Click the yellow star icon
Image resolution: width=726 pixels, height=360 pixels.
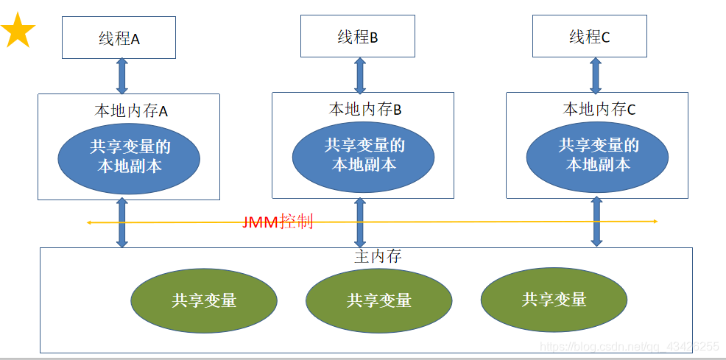pyautogui.click(x=18, y=32)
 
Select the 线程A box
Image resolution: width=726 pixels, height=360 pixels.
pyautogui.click(x=119, y=38)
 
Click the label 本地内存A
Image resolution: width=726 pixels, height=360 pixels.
pyautogui.click(x=131, y=111)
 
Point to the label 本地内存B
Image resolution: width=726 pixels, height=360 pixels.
pyautogui.click(x=364, y=110)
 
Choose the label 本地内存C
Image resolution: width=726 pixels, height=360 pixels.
pyautogui.click(x=599, y=110)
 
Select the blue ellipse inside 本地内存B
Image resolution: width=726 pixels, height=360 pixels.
pyautogui.click(x=363, y=155)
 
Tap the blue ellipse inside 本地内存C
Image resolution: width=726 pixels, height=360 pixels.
pyautogui.click(x=597, y=155)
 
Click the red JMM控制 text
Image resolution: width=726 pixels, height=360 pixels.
pyautogui.click(x=278, y=222)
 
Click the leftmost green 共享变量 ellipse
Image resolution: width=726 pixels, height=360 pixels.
pyautogui.click(x=204, y=300)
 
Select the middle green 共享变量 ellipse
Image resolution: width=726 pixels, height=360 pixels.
pyautogui.click(x=378, y=300)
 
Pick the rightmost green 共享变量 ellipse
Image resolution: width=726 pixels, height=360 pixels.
pyautogui.click(x=554, y=299)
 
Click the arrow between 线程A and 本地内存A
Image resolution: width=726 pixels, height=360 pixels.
pyautogui.click(x=122, y=76)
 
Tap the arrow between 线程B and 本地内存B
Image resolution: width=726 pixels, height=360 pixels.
pyautogui.click(x=360, y=74)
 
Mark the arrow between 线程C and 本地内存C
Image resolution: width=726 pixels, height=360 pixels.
pyautogui.click(x=596, y=74)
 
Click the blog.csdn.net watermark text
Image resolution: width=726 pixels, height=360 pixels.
pyautogui.click(x=629, y=346)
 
